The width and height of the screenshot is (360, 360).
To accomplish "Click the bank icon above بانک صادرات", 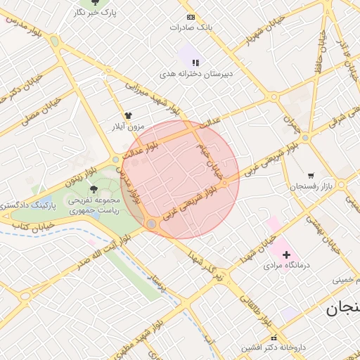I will [191, 17].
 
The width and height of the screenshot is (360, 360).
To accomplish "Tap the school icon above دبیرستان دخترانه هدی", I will [195, 63].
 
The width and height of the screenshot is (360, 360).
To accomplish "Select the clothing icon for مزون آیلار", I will [128, 115].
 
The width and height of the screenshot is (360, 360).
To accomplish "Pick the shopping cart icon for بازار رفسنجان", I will [311, 175].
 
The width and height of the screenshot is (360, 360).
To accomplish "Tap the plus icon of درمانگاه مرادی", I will [286, 254].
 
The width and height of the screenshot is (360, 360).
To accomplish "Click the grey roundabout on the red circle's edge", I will [150, 224].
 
